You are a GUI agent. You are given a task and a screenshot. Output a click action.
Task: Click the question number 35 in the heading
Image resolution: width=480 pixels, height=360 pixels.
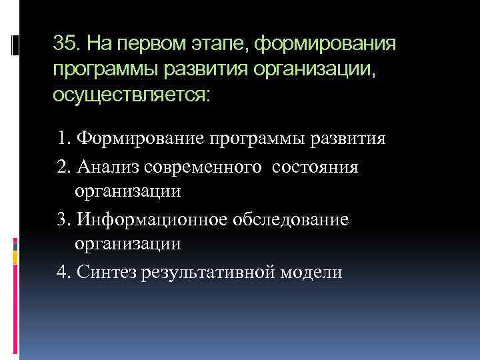pos(65,45)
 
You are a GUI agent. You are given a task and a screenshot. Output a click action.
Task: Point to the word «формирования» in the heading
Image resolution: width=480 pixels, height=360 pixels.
pos(325,45)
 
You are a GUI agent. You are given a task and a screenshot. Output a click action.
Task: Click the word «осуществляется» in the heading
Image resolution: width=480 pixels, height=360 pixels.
pos(131,94)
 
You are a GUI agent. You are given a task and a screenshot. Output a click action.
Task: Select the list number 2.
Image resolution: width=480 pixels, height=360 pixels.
pos(63,167)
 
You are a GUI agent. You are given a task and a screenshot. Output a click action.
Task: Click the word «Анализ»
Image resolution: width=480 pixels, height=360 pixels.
pos(104,167)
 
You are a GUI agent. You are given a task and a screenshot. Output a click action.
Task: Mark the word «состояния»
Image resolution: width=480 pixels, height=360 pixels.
pos(315,167)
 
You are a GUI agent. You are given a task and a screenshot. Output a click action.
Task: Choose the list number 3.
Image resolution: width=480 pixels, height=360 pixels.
pos(63,219)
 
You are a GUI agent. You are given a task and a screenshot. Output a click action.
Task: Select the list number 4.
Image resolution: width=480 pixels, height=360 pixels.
pos(63,272)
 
